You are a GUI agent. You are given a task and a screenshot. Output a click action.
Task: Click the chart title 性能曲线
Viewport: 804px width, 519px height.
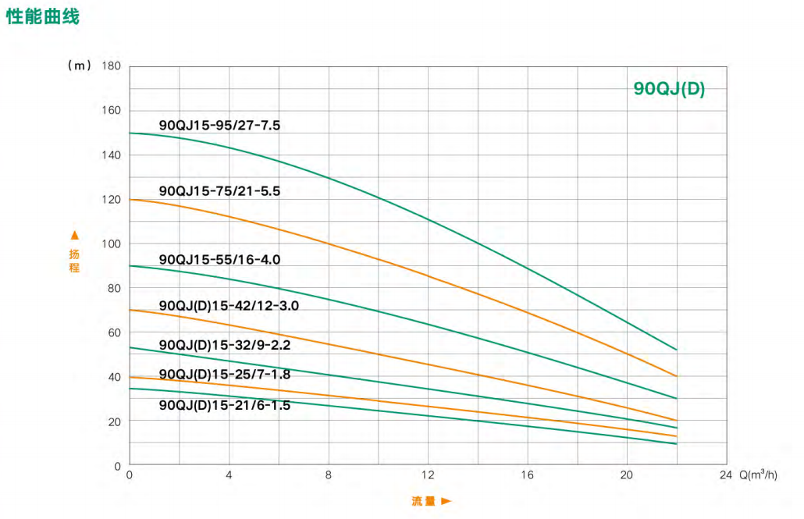(43, 16)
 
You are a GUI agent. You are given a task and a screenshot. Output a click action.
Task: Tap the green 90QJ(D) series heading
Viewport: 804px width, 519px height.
(669, 89)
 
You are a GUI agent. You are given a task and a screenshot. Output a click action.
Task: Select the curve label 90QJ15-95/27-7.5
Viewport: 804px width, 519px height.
(219, 125)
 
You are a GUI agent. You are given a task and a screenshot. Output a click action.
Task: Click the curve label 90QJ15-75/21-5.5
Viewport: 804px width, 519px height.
(219, 190)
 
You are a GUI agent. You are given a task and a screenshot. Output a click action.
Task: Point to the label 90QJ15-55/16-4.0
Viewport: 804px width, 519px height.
(219, 259)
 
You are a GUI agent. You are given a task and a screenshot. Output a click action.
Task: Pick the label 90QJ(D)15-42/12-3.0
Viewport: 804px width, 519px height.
(229, 306)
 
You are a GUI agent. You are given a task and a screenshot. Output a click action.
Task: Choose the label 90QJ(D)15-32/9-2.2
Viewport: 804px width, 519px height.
(225, 344)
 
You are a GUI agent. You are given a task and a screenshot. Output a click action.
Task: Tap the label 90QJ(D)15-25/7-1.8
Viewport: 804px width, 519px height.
(225, 374)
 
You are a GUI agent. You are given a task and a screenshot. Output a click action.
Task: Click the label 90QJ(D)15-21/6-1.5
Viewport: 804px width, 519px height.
(225, 405)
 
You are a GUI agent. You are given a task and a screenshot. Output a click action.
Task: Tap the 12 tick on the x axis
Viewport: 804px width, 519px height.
(427, 475)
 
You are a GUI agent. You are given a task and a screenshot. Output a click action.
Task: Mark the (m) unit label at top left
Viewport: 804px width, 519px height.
(80, 66)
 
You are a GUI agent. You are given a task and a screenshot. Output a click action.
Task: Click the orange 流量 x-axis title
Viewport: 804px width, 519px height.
(423, 501)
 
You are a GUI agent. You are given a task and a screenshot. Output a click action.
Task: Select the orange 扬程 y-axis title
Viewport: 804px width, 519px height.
(74, 261)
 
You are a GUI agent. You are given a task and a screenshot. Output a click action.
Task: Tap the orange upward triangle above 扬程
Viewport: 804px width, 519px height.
(74, 235)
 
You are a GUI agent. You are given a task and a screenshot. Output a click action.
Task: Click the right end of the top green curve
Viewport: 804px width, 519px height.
(676, 349)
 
